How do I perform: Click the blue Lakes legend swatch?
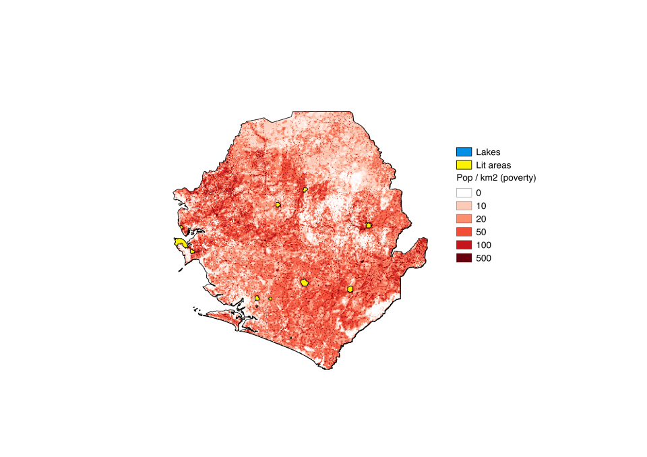pyautogui.click(x=464, y=152)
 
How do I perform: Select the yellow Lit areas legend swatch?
pyautogui.click(x=464, y=164)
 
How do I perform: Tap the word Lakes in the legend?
pyautogui.click(x=488, y=152)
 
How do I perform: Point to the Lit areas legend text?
pyautogui.click(x=493, y=164)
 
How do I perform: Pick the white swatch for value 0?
pyautogui.click(x=464, y=193)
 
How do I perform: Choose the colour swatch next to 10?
pyautogui.click(x=464, y=206)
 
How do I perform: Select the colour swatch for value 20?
pyautogui.click(x=464, y=219)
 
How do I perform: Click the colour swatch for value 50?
pyautogui.click(x=464, y=232)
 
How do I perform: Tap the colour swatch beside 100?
pyautogui.click(x=464, y=245)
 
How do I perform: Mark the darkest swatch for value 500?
pyautogui.click(x=464, y=258)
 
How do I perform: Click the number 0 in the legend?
pyautogui.click(x=479, y=193)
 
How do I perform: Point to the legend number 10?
pyautogui.click(x=481, y=206)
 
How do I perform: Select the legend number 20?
pyautogui.click(x=481, y=219)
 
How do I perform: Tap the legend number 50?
pyautogui.click(x=481, y=232)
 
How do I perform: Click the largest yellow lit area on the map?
pyautogui.click(x=181, y=243)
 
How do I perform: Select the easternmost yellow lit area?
pyautogui.click(x=369, y=225)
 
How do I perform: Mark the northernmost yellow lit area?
pyautogui.click(x=305, y=190)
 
